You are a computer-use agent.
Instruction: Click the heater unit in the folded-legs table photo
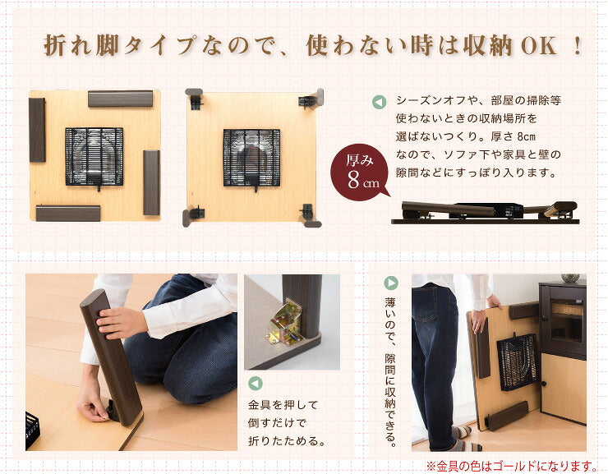coord(94,155)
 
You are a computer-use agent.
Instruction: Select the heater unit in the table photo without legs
coord(251,157)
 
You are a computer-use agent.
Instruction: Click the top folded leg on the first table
coord(121,99)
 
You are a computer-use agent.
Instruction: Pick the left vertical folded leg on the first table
coord(37,130)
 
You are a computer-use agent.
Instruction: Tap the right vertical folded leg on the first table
coord(151,182)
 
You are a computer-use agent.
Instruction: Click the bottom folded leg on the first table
coord(67,214)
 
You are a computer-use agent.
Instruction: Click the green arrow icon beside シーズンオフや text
coord(379,103)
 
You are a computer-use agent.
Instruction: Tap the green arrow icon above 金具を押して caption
coord(255,384)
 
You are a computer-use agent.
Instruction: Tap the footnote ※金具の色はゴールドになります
coord(511,466)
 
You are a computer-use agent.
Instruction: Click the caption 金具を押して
coord(283,406)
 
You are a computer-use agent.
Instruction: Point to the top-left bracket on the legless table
coord(194,99)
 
